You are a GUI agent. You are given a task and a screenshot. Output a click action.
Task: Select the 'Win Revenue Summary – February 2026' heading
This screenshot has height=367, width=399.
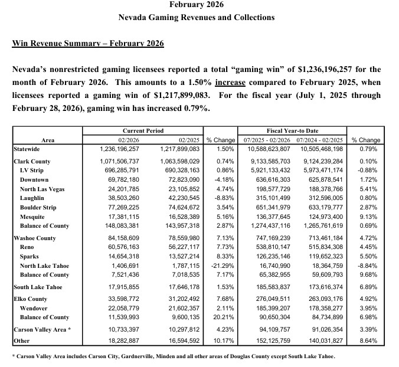click(88, 44)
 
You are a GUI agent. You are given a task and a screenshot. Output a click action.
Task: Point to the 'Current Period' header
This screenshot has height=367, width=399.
click(143, 130)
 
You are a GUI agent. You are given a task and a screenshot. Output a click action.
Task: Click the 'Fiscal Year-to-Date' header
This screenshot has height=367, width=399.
click(296, 130)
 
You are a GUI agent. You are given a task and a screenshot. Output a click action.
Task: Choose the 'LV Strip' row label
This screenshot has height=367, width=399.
click(35, 170)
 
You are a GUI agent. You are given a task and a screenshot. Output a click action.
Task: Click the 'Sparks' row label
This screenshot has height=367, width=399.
click(32, 257)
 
